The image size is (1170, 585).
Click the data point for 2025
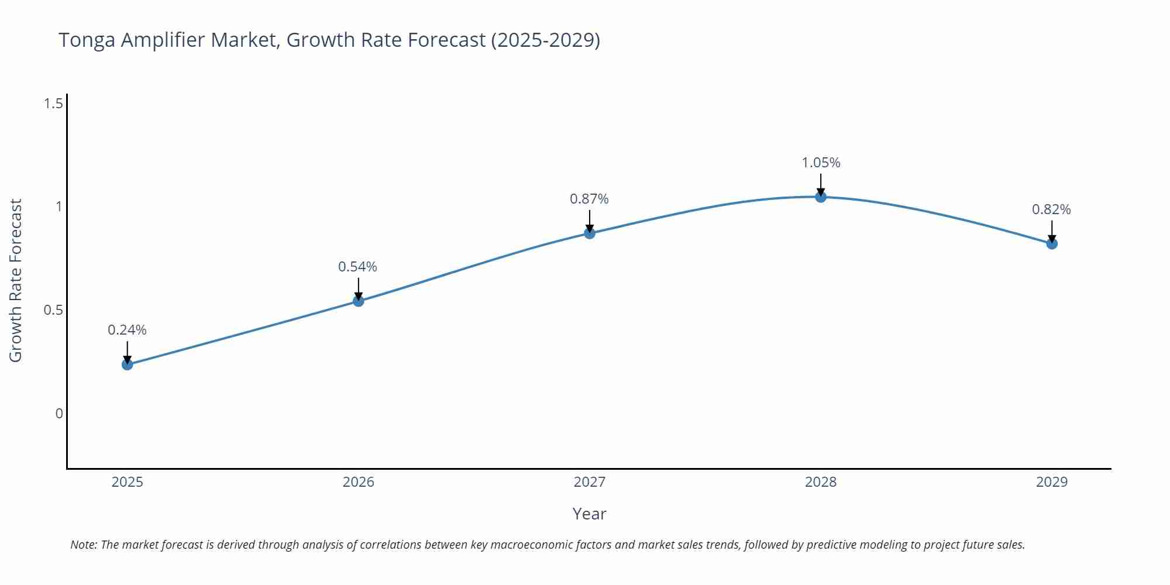[x=127, y=364]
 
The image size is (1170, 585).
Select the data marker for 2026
[x=359, y=301]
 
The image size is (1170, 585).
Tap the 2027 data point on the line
[x=590, y=233]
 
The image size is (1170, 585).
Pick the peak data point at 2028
[x=821, y=197]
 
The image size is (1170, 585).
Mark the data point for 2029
[x=1052, y=243]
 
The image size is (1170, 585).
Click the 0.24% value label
[x=127, y=330]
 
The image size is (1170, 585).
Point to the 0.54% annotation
[x=357, y=267]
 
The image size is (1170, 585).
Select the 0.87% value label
[x=589, y=199]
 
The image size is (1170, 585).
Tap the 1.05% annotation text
[x=821, y=163]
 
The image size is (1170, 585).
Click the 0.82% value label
[x=1051, y=209]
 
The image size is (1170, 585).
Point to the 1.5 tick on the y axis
[x=53, y=104]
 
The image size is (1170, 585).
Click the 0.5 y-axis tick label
[x=53, y=310]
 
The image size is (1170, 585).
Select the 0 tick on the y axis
[x=59, y=414]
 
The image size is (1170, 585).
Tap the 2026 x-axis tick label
[x=359, y=482]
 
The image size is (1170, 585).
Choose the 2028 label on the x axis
[x=821, y=482]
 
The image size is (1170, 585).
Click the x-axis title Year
[x=589, y=514]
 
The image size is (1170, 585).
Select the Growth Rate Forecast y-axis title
[x=16, y=280]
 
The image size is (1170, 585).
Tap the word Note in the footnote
[x=83, y=545]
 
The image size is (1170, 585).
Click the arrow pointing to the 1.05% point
[x=821, y=184]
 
